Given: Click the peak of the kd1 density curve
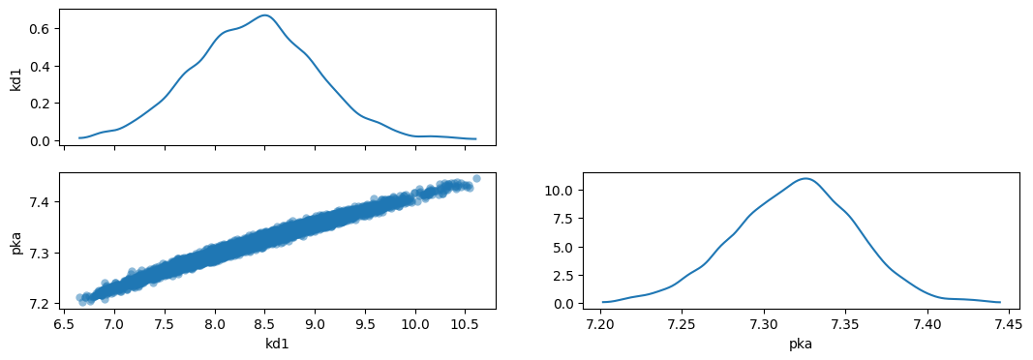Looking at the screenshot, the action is click(x=264, y=15).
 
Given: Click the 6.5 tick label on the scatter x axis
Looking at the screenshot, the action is click(x=64, y=324).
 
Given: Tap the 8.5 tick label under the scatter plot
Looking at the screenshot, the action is click(x=265, y=324).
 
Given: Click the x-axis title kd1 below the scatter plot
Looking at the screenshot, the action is click(x=277, y=343).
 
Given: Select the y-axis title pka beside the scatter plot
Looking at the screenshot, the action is click(x=16, y=241).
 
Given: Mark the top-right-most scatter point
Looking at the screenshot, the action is click(x=476, y=178).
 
